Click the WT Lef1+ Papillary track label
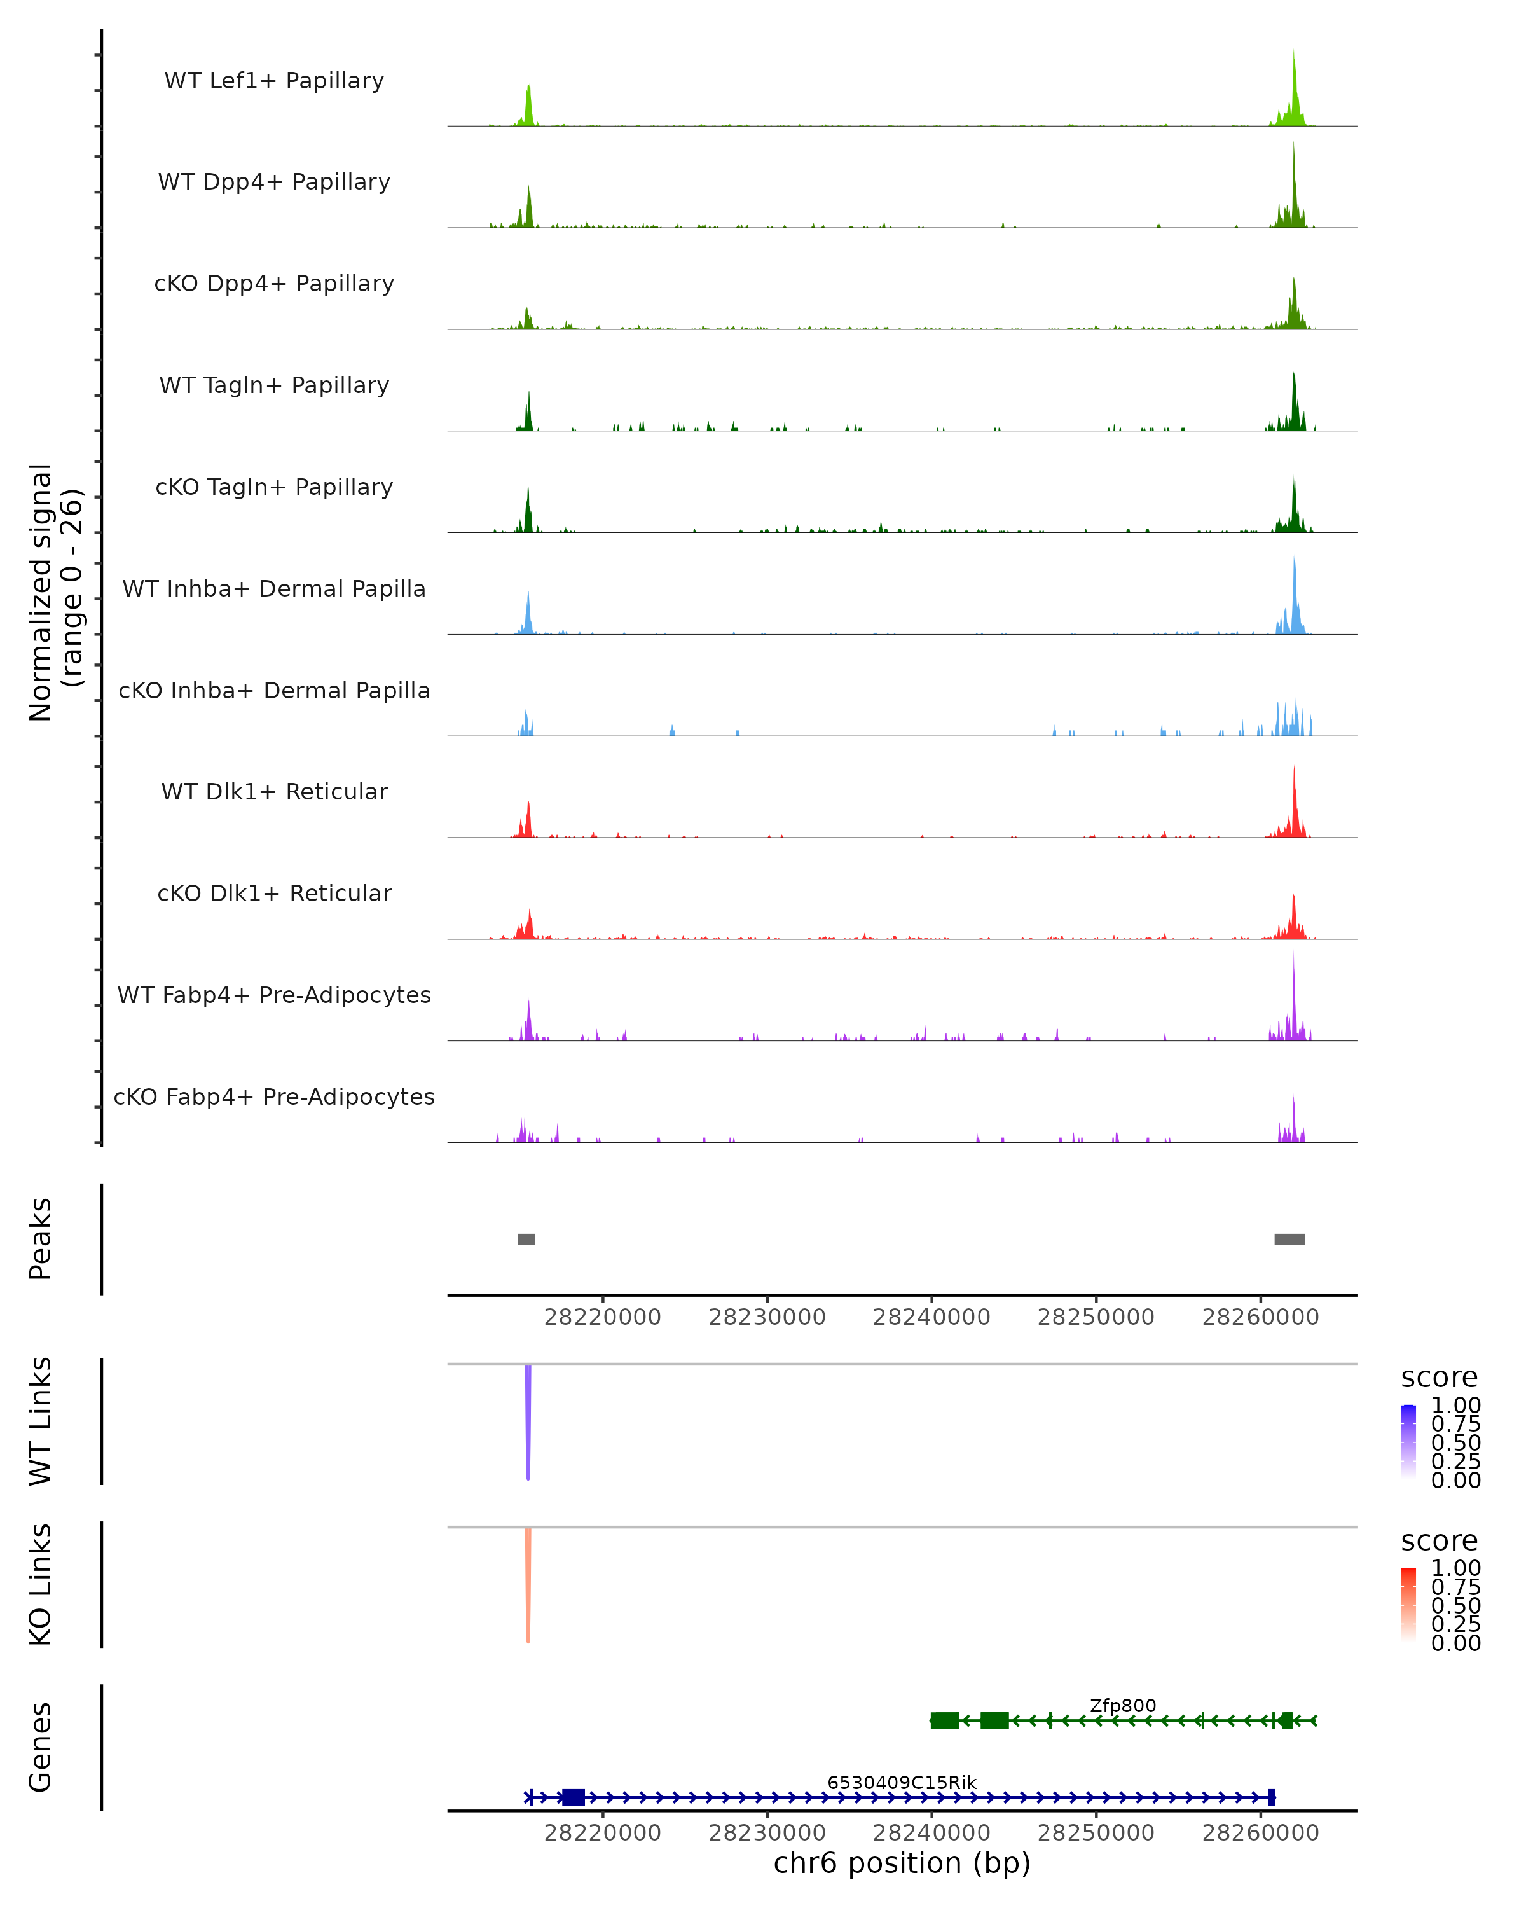tap(274, 81)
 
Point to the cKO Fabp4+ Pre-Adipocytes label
tap(274, 1096)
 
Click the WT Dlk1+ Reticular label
tap(274, 791)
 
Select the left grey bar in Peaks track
tap(526, 1239)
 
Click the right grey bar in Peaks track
tap(1289, 1239)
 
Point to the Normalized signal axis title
tap(55, 592)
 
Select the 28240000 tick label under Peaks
tap(931, 1318)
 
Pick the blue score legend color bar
tap(1408, 1442)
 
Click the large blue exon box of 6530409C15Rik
tap(574, 1797)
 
